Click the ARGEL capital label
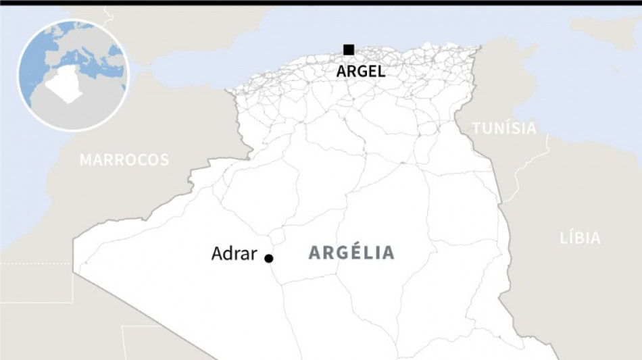click(361, 71)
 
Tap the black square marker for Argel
click(349, 49)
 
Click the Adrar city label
click(234, 254)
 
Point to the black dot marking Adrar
click(268, 258)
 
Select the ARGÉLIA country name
click(351, 253)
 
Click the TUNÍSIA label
click(504, 128)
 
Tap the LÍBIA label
click(580, 238)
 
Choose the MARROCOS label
click(124, 160)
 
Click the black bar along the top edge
click(321, 3)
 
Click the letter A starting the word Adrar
click(218, 254)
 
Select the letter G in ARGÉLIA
click(339, 253)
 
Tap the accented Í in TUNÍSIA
click(512, 128)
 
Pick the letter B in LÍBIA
click(581, 238)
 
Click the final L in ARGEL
click(381, 71)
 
